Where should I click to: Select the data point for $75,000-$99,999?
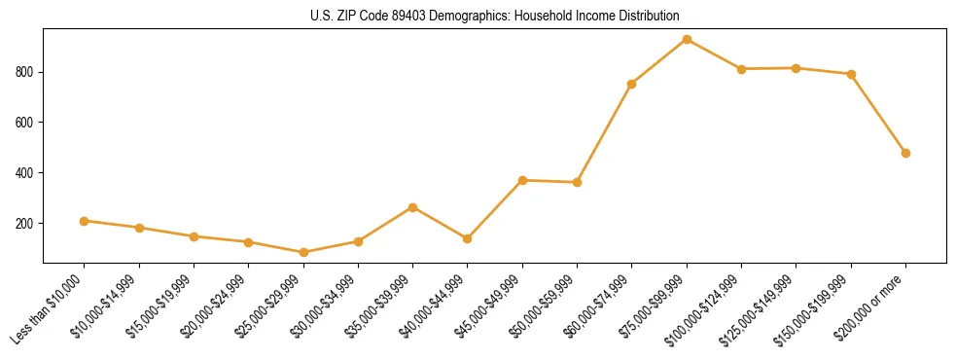(687, 40)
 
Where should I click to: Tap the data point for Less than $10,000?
(85, 221)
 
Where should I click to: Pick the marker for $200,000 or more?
(905, 153)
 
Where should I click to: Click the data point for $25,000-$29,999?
(303, 252)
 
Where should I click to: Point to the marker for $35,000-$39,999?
(413, 207)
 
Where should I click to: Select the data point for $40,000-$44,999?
(468, 238)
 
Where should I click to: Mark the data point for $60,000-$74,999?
(632, 84)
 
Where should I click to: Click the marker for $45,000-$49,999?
(522, 180)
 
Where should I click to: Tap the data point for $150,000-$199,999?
(851, 74)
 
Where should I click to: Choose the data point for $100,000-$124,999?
(741, 69)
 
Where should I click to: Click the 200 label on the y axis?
(26, 224)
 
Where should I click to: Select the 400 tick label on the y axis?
(26, 173)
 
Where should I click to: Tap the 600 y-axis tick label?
(26, 123)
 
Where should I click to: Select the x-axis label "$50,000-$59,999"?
(545, 308)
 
